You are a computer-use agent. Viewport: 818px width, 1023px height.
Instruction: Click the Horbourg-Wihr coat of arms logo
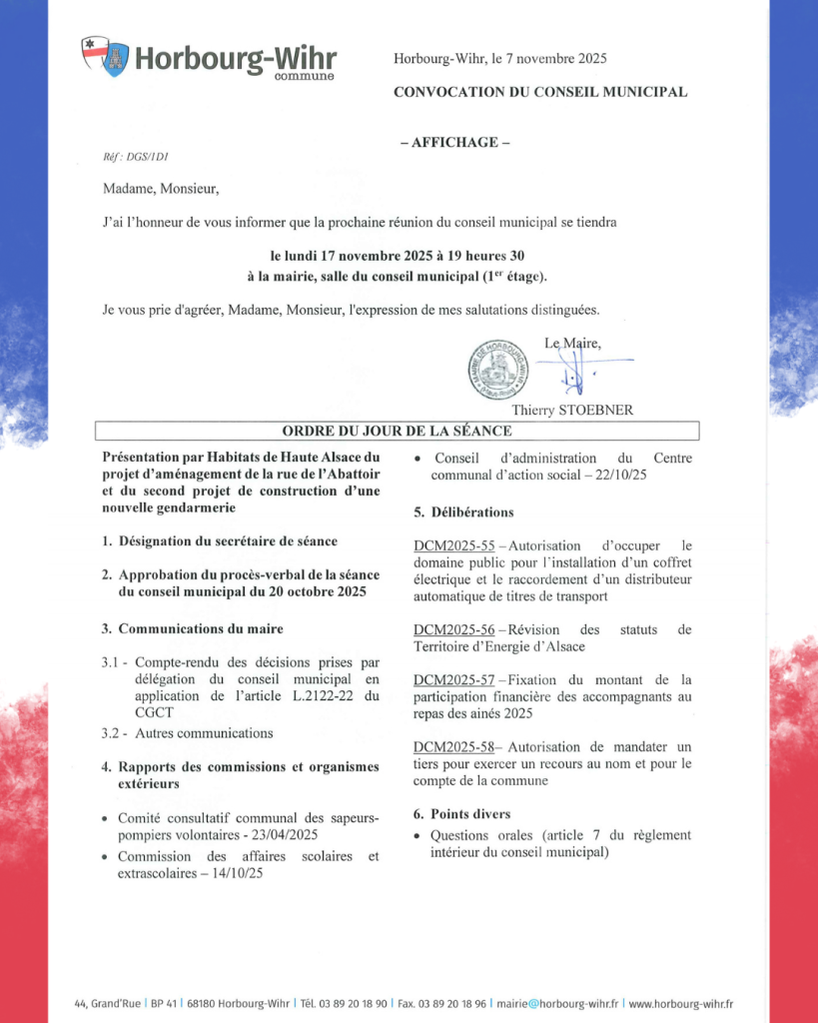[105, 57]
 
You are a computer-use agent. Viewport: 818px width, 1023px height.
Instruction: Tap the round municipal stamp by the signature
[498, 368]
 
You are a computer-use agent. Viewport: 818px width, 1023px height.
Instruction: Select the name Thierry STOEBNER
[571, 410]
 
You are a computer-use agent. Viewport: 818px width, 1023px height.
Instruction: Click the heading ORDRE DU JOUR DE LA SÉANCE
[397, 432]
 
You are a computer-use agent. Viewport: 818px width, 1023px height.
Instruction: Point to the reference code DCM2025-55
[453, 545]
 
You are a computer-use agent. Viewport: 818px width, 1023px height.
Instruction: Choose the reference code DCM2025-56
[453, 629]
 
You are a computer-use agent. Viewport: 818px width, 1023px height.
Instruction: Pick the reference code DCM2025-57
[453, 679]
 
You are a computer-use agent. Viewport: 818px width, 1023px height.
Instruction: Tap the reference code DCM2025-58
[453, 746]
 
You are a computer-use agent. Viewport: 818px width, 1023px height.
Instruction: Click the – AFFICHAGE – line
[454, 142]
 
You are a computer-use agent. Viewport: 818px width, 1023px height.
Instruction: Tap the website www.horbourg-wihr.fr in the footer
[681, 1003]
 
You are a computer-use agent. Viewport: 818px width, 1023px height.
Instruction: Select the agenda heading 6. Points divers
[461, 814]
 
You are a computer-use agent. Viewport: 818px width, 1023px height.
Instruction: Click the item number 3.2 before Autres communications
[113, 732]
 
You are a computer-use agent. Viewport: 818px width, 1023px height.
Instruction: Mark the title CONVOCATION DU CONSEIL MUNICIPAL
[540, 92]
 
